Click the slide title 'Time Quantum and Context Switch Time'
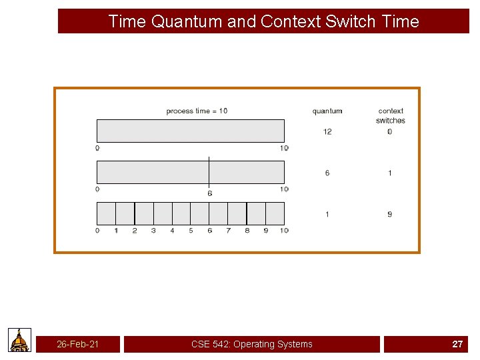click(263, 21)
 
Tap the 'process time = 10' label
click(197, 111)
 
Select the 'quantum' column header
click(327, 111)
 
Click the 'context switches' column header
click(391, 115)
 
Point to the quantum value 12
click(327, 131)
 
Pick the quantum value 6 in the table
click(327, 173)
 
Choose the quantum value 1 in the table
click(327, 214)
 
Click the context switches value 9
click(390, 214)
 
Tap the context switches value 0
click(390, 131)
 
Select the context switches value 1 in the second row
click(390, 173)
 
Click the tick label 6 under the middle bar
click(209, 193)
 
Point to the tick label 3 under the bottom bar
click(153, 231)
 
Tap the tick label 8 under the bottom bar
click(247, 231)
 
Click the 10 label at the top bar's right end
click(284, 148)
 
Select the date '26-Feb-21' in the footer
click(78, 344)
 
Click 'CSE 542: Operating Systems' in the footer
click(251, 344)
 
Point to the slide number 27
click(457, 344)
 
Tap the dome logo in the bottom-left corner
click(20, 340)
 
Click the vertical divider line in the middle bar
click(209, 171)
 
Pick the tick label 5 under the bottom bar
click(191, 231)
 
